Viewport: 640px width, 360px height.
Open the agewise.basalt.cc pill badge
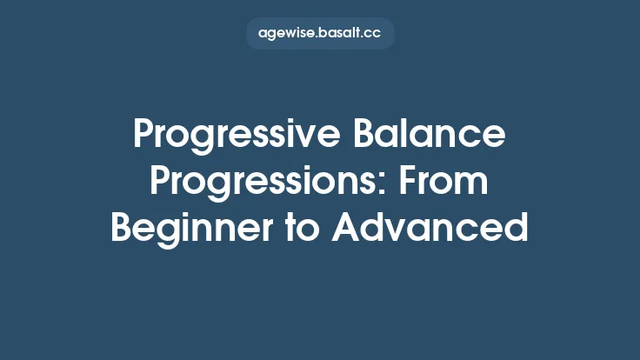point(320,33)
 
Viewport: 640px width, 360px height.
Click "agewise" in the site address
point(287,34)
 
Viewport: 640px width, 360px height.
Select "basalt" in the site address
point(341,34)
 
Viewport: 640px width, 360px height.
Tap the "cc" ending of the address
point(374,34)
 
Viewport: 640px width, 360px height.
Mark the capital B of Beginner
point(122,228)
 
